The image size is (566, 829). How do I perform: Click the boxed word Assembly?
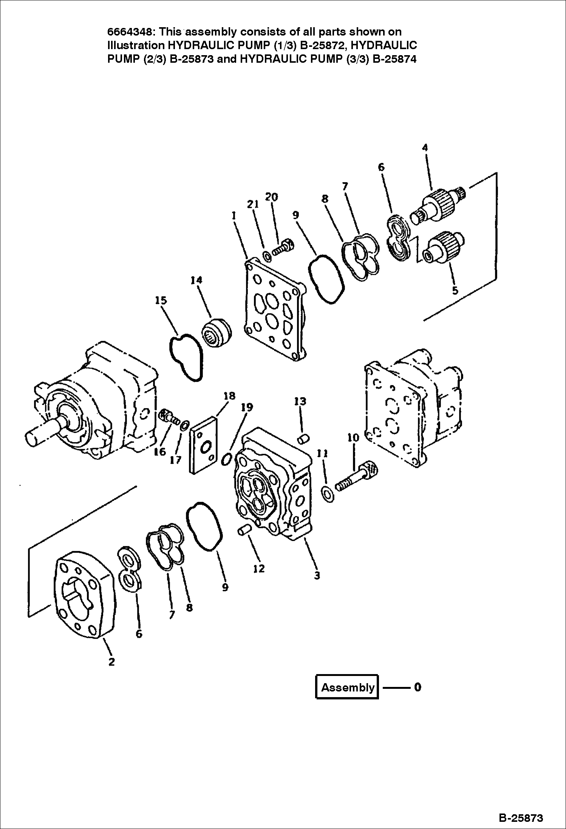pyautogui.click(x=347, y=687)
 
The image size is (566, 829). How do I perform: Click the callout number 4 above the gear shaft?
pyautogui.click(x=425, y=148)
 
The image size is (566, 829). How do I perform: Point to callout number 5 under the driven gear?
pyautogui.click(x=455, y=290)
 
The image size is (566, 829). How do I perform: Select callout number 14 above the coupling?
pyautogui.click(x=196, y=280)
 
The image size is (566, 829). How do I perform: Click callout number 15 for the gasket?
pyautogui.click(x=161, y=300)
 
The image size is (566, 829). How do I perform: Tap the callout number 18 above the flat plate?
pyautogui.click(x=229, y=396)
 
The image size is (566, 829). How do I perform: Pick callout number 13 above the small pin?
pyautogui.click(x=300, y=401)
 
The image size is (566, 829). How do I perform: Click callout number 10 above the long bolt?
pyautogui.click(x=353, y=438)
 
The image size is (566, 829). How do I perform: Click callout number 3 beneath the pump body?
pyautogui.click(x=317, y=575)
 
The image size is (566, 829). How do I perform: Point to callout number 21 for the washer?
pyautogui.click(x=253, y=204)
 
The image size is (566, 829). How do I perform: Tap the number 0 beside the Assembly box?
pyautogui.click(x=417, y=687)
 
